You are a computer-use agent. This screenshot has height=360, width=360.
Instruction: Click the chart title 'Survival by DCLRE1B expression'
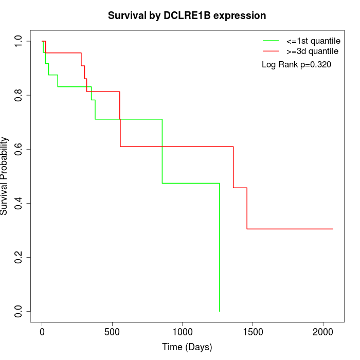187,16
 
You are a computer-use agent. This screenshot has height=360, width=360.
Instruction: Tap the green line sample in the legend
271,40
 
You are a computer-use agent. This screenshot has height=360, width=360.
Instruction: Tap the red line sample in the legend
271,51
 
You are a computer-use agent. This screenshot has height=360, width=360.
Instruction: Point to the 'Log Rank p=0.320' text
296,65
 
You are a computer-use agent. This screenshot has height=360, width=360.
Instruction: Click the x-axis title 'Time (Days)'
187,347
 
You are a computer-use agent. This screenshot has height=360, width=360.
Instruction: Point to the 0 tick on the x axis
42,331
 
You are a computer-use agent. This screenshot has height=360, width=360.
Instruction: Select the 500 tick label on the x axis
112,331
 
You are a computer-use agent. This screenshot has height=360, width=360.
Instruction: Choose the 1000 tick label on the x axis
183,331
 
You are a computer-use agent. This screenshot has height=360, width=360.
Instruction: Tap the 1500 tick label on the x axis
253,331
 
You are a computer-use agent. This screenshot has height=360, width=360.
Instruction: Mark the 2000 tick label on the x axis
323,331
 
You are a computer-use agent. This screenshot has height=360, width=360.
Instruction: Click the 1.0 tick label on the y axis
19,41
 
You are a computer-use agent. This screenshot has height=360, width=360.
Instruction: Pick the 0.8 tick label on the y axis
19,95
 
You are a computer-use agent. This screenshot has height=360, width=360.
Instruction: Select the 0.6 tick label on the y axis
19,149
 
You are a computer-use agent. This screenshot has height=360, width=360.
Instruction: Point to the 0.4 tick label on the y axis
19,203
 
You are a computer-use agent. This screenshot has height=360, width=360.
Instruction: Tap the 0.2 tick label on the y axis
19,257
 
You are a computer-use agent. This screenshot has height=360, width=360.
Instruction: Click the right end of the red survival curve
333,229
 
